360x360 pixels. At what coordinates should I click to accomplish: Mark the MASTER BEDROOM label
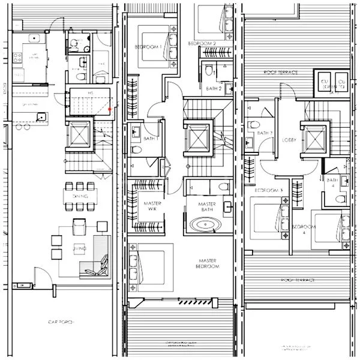[208, 263]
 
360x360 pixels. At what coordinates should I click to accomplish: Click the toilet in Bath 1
[136, 150]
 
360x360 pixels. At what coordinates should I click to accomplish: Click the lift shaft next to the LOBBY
[314, 139]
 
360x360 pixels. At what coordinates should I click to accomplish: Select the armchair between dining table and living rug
[79, 226]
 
